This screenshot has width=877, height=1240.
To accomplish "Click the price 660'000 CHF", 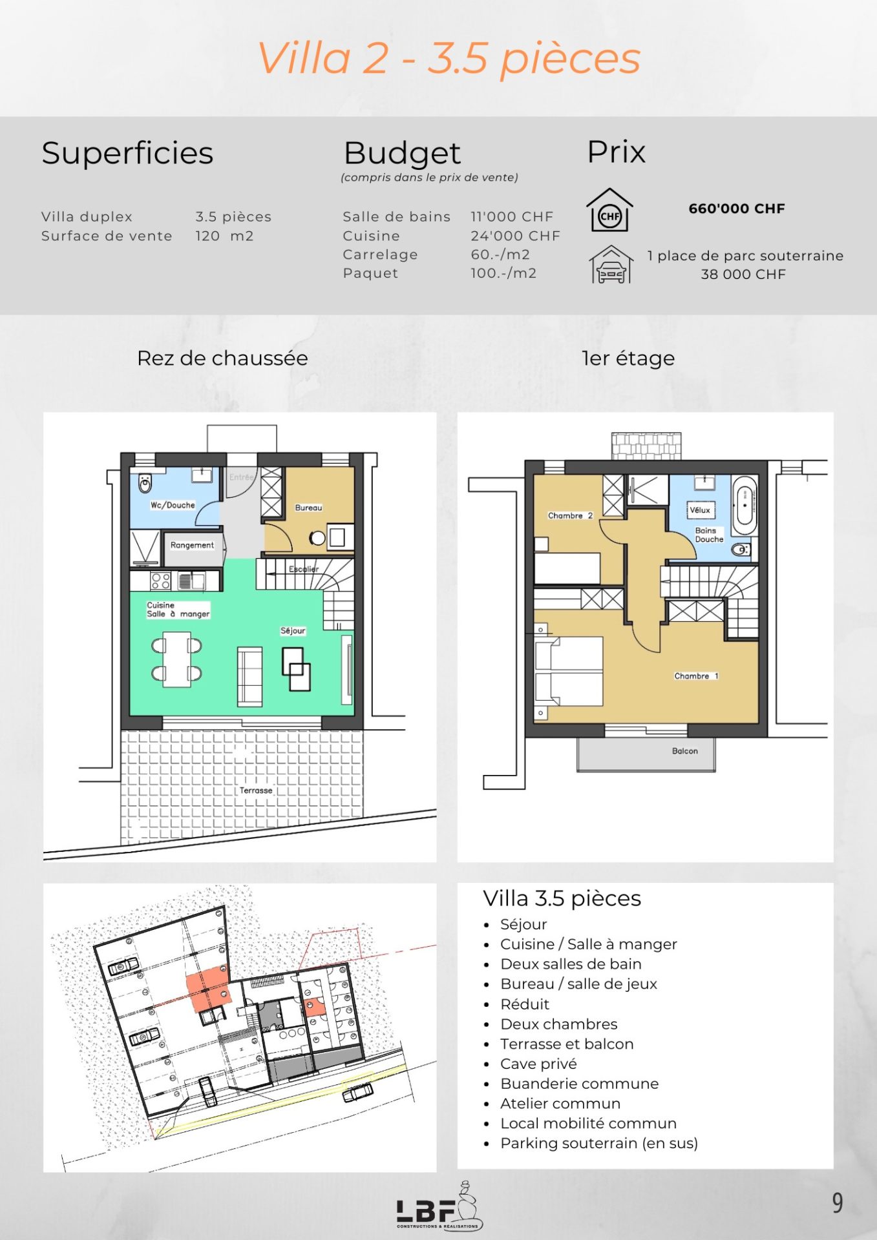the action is click(737, 209).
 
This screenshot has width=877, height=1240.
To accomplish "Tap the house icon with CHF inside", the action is click(609, 210).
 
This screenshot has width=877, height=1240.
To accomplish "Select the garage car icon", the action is click(611, 264).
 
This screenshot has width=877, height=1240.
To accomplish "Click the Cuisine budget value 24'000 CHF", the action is click(515, 236).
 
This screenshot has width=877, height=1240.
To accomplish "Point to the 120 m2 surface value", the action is click(224, 236).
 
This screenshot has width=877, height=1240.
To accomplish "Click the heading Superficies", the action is click(127, 154).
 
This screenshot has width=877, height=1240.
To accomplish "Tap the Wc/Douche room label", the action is click(173, 505).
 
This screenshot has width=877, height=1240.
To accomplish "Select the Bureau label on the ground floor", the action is click(308, 508).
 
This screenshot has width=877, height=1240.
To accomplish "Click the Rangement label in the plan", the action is click(192, 545).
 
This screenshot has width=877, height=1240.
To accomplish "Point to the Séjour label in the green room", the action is click(293, 630).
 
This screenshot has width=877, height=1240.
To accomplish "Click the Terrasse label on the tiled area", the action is click(256, 790).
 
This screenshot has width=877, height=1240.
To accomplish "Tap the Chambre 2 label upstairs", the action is click(570, 515).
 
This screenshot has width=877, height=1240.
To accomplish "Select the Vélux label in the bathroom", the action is click(700, 510).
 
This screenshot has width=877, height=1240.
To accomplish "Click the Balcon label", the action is click(685, 751).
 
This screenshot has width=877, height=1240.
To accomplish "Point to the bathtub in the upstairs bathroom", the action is click(745, 505).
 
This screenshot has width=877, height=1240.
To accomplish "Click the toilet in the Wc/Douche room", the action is click(145, 483).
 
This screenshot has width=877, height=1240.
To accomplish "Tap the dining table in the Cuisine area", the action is click(176, 659).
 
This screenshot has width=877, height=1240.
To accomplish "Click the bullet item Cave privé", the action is click(538, 1064).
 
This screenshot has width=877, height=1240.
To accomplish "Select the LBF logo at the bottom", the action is click(439, 1206).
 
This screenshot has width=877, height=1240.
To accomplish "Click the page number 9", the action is click(838, 1203).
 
